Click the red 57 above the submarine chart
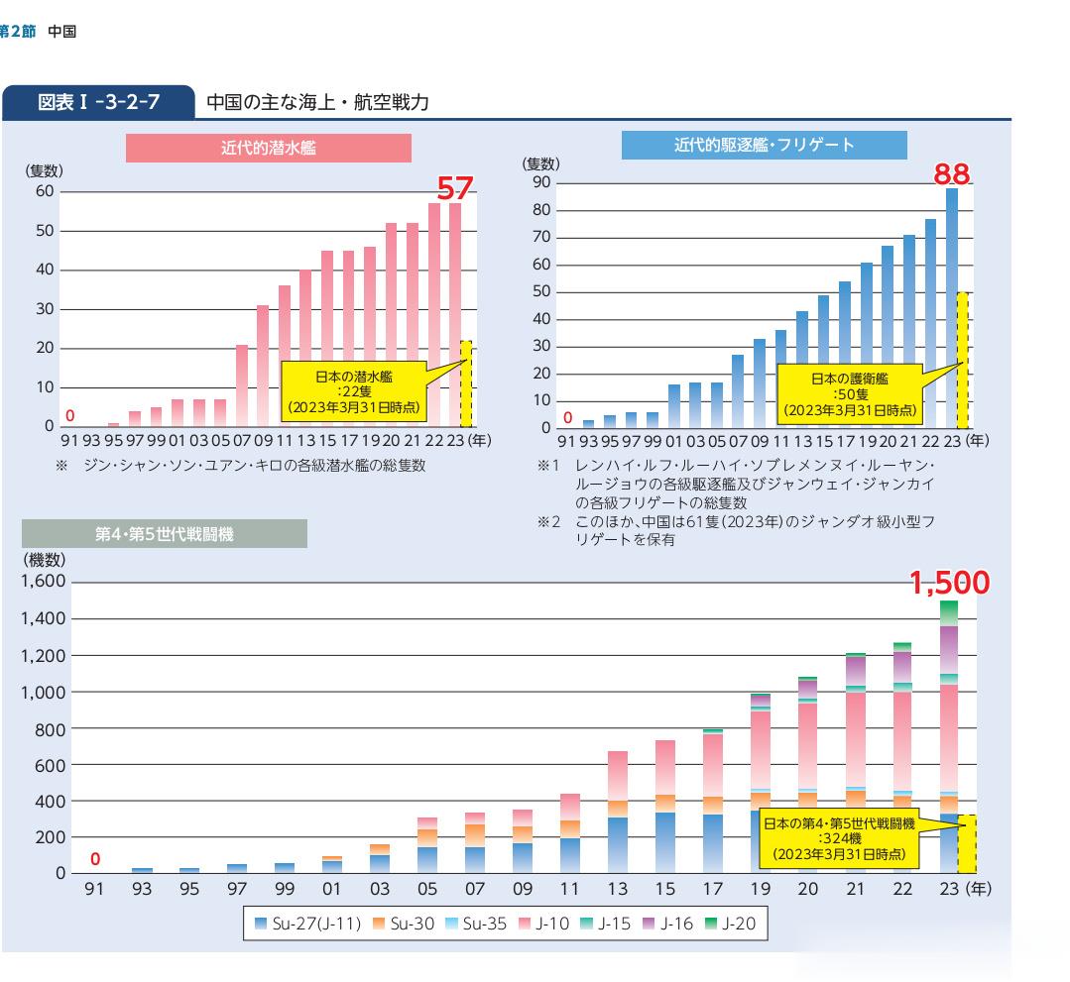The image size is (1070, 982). [456, 188]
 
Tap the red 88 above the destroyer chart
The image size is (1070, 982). [952, 175]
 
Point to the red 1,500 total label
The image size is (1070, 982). [949, 584]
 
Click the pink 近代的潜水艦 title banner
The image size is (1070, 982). [268, 148]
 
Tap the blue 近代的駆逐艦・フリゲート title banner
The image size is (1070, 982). [764, 145]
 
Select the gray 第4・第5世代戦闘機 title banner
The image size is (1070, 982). [165, 535]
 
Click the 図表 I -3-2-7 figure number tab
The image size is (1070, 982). [99, 101]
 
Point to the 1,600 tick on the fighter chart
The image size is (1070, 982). [43, 582]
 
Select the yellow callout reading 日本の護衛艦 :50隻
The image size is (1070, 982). [849, 392]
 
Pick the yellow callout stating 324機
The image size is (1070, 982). [839, 836]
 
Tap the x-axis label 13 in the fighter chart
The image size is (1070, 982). [617, 889]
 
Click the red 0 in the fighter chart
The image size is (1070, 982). [95, 859]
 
